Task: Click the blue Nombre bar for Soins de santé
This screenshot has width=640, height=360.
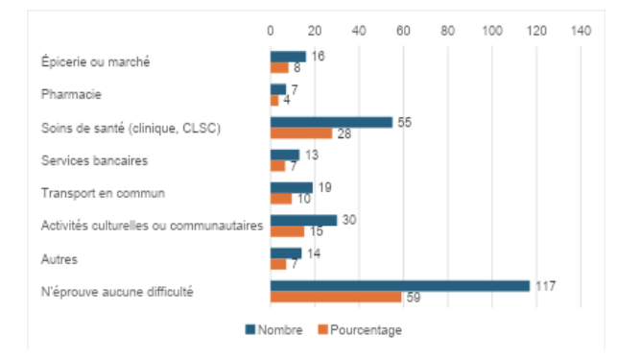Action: click(331, 123)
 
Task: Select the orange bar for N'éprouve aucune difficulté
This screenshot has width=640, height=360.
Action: click(336, 298)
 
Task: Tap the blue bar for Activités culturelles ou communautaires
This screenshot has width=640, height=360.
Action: click(303, 221)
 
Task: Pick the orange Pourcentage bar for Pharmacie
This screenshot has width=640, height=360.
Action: click(274, 101)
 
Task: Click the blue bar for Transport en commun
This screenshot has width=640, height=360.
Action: click(292, 188)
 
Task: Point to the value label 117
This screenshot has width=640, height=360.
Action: click(546, 286)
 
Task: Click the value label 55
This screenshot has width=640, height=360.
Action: click(405, 123)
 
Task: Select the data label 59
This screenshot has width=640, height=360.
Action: click(414, 298)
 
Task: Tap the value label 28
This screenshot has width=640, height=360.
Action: click(344, 133)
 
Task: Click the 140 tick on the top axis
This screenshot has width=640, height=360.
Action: click(581, 31)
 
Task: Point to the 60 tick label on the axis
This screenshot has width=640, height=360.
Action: click(403, 31)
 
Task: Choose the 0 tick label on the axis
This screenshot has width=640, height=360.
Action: click(271, 31)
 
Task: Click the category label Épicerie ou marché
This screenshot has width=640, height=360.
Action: click(96, 61)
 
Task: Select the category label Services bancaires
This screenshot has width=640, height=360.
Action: click(94, 160)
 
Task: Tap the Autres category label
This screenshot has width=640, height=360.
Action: click(59, 259)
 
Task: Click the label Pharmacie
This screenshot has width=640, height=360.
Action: click(71, 94)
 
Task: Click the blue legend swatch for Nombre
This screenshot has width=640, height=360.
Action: click(250, 329)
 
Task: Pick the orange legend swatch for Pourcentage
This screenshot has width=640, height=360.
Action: click(322, 329)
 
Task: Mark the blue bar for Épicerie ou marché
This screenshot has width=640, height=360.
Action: click(288, 57)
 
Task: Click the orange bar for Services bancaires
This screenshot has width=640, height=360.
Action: click(278, 166)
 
